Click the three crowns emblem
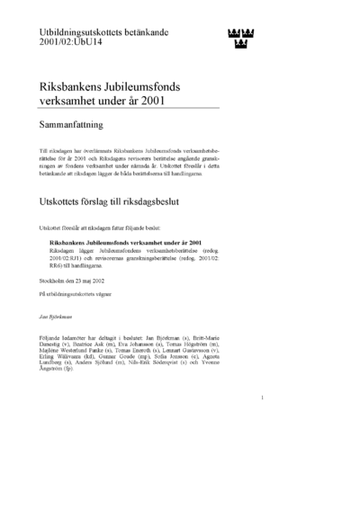(x=237, y=39)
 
